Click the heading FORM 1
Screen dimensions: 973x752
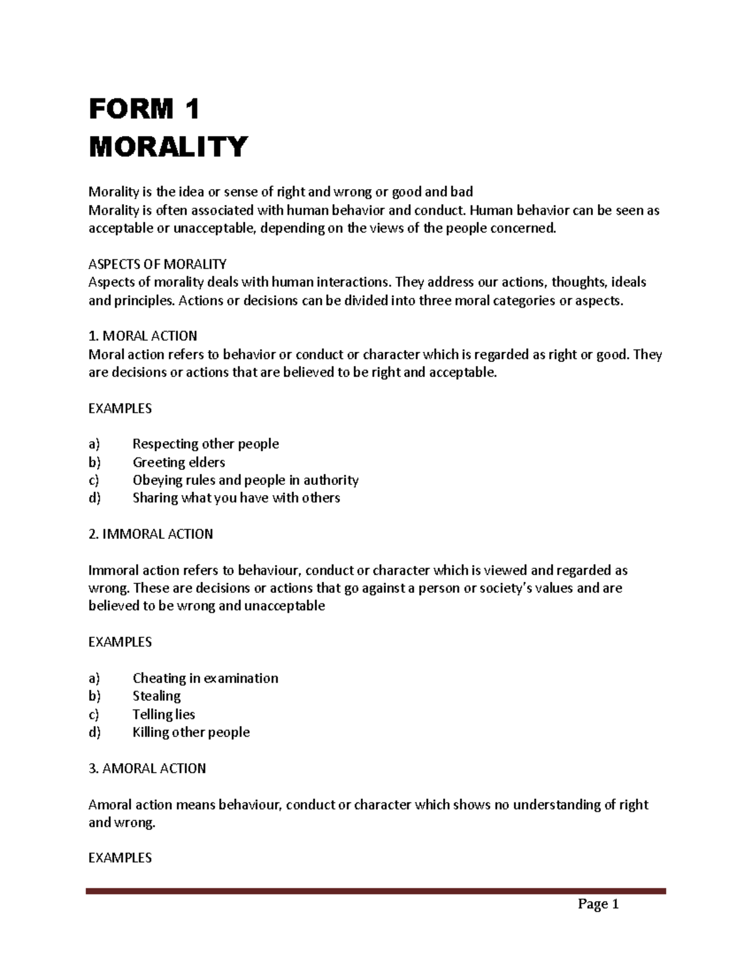(x=144, y=110)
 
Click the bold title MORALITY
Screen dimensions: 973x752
(x=168, y=147)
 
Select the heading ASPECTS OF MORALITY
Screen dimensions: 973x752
(x=157, y=264)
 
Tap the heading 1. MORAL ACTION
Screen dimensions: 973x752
(x=143, y=336)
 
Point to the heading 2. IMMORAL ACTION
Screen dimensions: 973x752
(x=150, y=534)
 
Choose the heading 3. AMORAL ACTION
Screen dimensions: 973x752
(x=147, y=768)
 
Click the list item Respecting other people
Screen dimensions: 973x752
(x=206, y=444)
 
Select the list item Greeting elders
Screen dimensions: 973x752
(x=179, y=462)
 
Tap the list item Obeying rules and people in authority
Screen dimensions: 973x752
(x=245, y=481)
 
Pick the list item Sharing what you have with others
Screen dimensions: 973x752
(x=236, y=498)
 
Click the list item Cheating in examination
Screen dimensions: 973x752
(x=205, y=679)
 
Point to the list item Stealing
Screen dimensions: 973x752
(x=157, y=696)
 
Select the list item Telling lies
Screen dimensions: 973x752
(x=164, y=714)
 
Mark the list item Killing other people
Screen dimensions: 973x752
(x=191, y=732)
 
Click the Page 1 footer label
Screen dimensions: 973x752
(x=598, y=904)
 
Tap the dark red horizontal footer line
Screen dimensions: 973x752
(x=376, y=890)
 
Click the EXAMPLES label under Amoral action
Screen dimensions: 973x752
(x=120, y=858)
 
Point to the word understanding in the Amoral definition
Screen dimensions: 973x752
(x=556, y=804)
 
